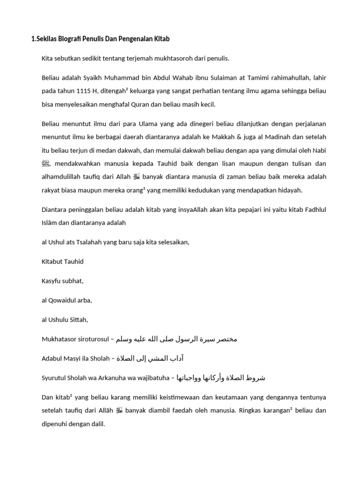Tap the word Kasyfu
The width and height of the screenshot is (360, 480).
pos(52,281)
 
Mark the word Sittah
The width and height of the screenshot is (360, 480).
pos(77,320)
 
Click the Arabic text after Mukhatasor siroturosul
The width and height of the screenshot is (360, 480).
pos(177,339)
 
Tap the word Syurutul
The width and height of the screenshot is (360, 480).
pos(54,378)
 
